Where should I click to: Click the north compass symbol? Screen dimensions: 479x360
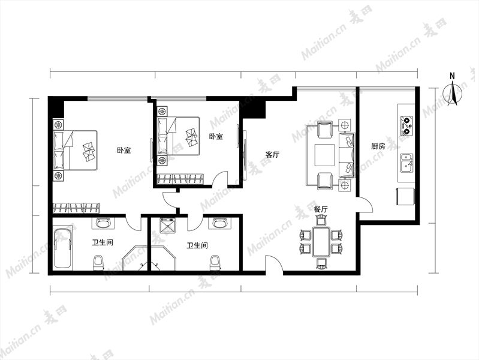tap(453, 92)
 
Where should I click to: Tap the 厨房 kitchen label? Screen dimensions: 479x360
tap(378, 146)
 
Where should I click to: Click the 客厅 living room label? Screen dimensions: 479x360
tap(272, 154)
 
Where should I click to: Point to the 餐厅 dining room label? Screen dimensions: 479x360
tap(321, 209)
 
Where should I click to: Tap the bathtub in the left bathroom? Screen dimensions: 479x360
tap(63, 248)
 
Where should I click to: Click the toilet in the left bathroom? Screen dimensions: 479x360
tap(98, 263)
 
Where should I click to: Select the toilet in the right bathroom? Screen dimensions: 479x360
tap(215, 263)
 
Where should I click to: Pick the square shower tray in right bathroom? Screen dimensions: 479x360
tap(167, 226)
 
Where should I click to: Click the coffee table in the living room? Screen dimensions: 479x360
tap(325, 155)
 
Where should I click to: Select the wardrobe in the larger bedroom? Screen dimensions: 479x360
tap(76, 208)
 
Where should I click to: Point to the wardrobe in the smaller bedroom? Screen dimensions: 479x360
tap(180, 179)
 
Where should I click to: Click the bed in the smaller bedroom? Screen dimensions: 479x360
tap(178, 136)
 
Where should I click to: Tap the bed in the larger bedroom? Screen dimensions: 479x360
tap(75, 150)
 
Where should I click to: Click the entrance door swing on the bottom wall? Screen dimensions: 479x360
tap(274, 263)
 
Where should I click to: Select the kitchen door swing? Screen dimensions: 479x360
tap(365, 205)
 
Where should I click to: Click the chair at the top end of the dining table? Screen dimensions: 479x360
tap(321, 220)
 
